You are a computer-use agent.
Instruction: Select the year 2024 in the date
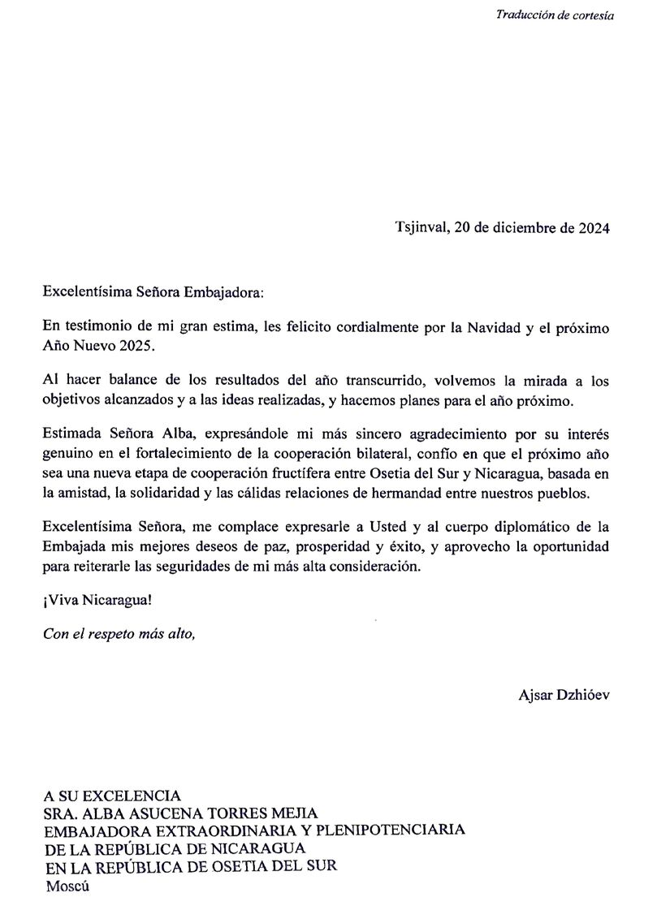(594, 227)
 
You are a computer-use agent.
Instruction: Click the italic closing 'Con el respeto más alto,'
(119, 634)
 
